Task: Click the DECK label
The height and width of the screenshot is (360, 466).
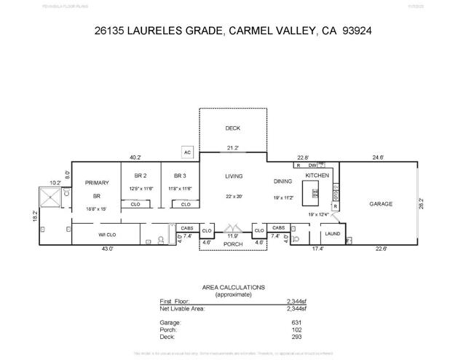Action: tap(232, 128)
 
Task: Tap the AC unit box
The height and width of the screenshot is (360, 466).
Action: tap(187, 152)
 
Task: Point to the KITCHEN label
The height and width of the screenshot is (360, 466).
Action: tap(317, 176)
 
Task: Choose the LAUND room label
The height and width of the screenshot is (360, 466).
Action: tap(333, 234)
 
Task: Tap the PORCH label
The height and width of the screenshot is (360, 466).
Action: tap(232, 244)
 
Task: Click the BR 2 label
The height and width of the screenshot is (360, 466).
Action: tap(141, 176)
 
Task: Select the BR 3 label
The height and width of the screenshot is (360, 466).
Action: tap(180, 176)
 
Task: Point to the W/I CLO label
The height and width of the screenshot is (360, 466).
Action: tap(108, 234)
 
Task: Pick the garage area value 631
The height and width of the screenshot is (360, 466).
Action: tap(295, 321)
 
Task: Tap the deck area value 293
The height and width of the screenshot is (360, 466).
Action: tap(295, 336)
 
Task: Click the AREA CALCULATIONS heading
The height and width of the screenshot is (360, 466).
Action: tap(234, 288)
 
